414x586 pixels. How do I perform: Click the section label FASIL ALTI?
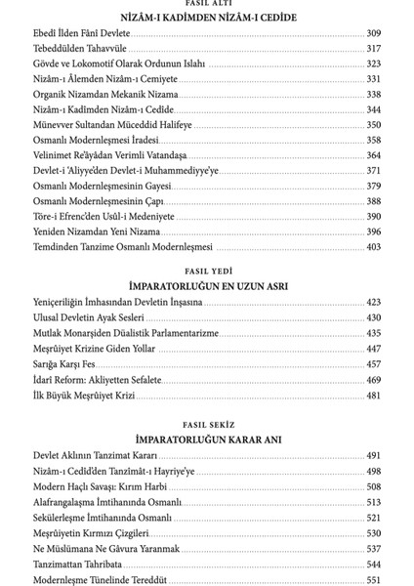[207, 5]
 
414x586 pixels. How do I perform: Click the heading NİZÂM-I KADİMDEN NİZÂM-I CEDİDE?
[207, 18]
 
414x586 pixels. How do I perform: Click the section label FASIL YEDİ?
[207, 270]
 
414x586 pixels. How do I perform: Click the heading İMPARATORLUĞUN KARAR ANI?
[207, 439]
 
